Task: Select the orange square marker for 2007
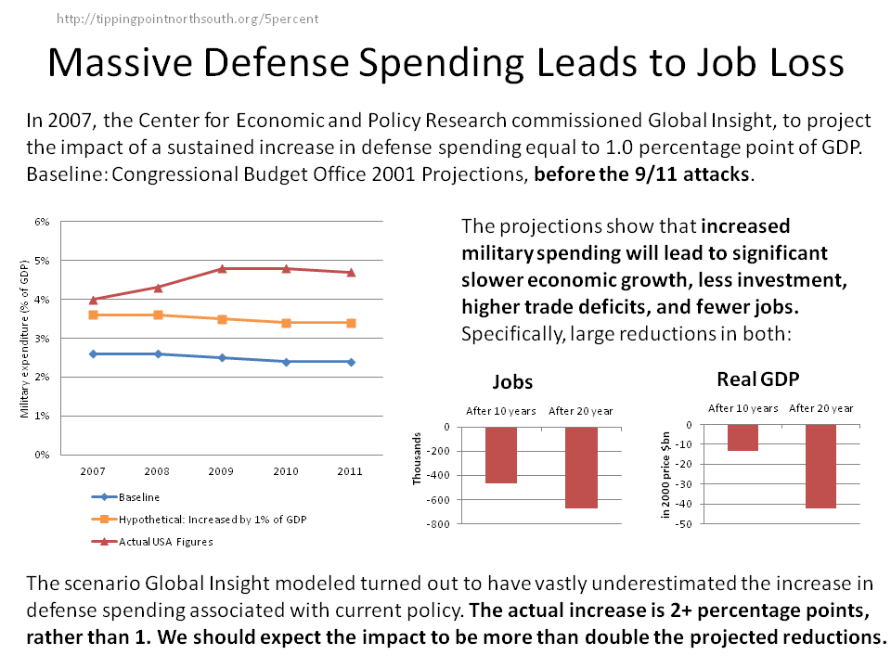tap(93, 315)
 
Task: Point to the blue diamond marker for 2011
tap(351, 362)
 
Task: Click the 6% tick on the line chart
tap(42, 223)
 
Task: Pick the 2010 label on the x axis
tap(286, 471)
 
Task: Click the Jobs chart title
tap(512, 382)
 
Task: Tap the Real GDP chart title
tap(758, 379)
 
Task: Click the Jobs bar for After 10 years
tap(501, 456)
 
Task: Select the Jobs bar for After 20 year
tap(581, 468)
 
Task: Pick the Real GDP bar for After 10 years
tap(742, 438)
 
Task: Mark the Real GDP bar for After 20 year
tap(821, 467)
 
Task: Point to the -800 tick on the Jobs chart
tap(437, 525)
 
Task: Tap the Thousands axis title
tap(418, 458)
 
